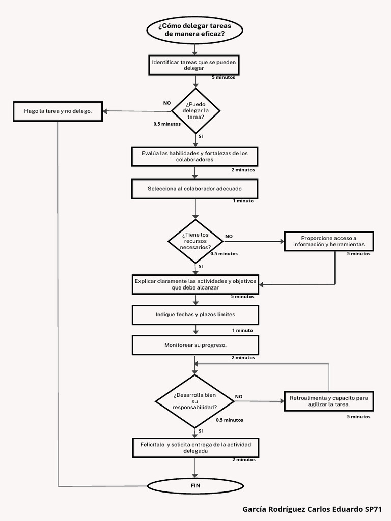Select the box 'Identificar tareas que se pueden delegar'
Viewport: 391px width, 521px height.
pyautogui.click(x=193, y=65)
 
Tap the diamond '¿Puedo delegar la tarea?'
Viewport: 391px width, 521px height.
pyautogui.click(x=195, y=110)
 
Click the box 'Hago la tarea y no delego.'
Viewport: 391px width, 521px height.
pyautogui.click(x=58, y=111)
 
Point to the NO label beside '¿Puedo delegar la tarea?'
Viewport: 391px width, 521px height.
pyautogui.click(x=167, y=103)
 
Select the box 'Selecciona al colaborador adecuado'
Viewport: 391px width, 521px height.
pyautogui.click(x=194, y=189)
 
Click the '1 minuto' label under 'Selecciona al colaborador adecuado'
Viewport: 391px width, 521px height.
pyautogui.click(x=243, y=201)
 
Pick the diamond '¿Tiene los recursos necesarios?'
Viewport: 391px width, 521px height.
pyautogui.click(x=195, y=241)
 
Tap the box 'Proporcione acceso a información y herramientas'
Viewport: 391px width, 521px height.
pyautogui.click(x=329, y=241)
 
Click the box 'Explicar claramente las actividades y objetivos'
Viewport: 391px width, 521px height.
pyautogui.click(x=195, y=284)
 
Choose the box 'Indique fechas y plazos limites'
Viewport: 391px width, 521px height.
pyautogui.click(x=195, y=315)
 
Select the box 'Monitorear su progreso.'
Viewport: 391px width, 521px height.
pyautogui.click(x=195, y=345)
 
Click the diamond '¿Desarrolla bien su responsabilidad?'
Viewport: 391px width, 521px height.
pyautogui.click(x=194, y=401)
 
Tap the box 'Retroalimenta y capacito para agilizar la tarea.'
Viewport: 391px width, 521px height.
pyautogui.click(x=329, y=401)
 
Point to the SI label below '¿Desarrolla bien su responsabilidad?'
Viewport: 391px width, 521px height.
pyautogui.click(x=201, y=431)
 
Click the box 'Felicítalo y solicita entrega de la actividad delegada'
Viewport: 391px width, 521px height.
pyautogui.click(x=195, y=447)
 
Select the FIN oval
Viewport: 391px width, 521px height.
pyautogui.click(x=195, y=486)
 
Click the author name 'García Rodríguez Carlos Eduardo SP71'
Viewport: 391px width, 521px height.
pyautogui.click(x=312, y=509)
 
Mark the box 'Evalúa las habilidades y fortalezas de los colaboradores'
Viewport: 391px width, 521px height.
pyautogui.click(x=194, y=156)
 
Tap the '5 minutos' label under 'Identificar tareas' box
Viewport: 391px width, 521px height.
pyautogui.click(x=224, y=77)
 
